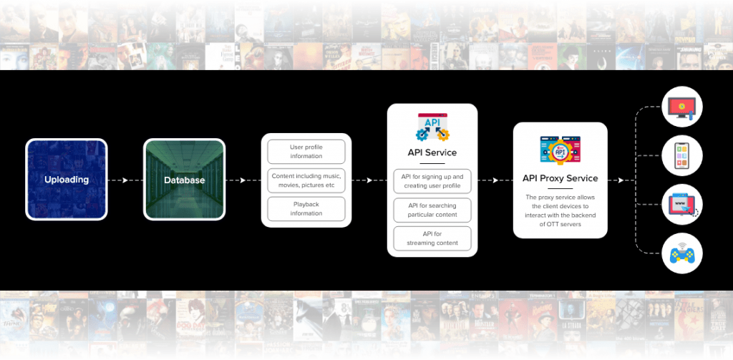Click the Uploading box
(67, 180)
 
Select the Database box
(184, 180)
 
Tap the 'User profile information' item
(306, 152)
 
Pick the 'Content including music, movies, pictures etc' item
(306, 180)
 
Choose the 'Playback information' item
(306, 209)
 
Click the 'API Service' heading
(432, 152)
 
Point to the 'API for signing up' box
(432, 181)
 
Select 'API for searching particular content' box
(432, 210)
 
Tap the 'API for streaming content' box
(432, 238)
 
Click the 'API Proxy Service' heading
(560, 178)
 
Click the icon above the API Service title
(432, 127)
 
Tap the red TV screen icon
(682, 107)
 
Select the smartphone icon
(682, 155)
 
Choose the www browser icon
(682, 204)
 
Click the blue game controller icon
(682, 253)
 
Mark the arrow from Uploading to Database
(118, 180)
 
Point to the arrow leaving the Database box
(236, 180)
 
